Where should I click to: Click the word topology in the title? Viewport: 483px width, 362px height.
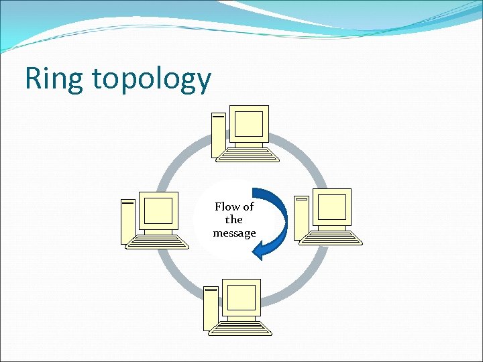(152, 80)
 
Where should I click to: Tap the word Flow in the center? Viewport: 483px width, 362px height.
(227, 206)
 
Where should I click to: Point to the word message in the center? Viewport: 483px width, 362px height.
(234, 233)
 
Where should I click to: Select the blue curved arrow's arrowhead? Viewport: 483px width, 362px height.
(259, 251)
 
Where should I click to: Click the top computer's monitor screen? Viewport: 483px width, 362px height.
(248, 123)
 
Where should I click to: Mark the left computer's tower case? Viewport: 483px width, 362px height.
(128, 221)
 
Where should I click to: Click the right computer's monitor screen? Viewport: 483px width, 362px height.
(331, 207)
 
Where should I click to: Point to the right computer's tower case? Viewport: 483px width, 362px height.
(301, 219)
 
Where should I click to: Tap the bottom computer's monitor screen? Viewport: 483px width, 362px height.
(241, 297)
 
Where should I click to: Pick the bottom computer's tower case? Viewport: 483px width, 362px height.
(211, 308)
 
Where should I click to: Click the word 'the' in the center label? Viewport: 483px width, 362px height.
(234, 220)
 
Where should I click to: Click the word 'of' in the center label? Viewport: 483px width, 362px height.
(248, 206)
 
